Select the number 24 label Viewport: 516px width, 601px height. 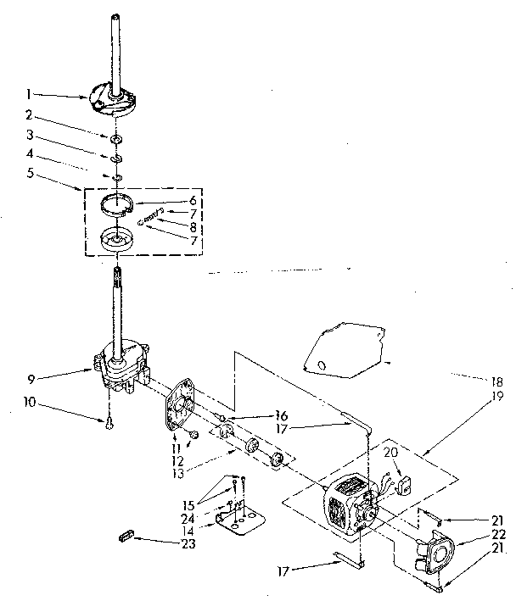188,517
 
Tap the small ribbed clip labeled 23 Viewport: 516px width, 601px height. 125,537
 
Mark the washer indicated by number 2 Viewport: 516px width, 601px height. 114,138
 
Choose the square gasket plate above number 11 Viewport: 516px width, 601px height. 180,409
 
